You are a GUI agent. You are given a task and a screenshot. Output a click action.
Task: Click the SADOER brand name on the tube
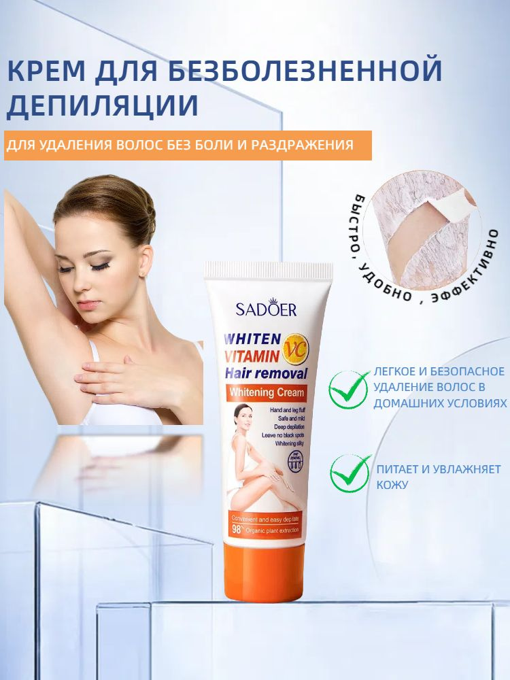coord(266,309)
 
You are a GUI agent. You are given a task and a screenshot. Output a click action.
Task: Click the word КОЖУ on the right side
coord(392,485)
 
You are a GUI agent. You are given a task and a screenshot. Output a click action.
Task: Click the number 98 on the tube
coord(237,528)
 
